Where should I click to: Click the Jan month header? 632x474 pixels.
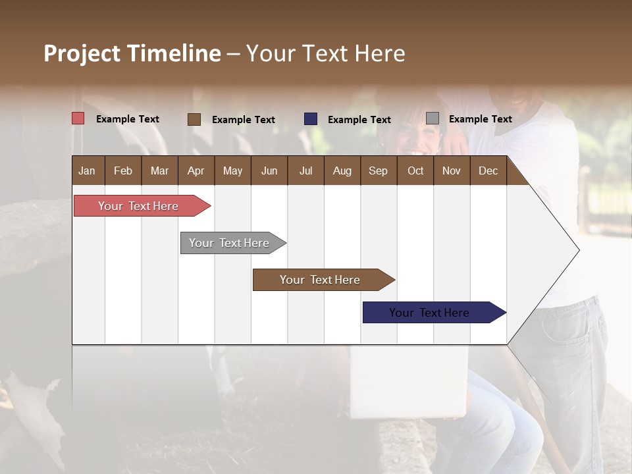(88, 171)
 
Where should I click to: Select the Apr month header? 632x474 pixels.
(196, 171)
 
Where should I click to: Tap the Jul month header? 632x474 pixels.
(306, 171)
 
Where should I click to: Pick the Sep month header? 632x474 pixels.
(379, 171)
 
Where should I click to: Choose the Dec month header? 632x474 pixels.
(488, 171)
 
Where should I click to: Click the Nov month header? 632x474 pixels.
(452, 171)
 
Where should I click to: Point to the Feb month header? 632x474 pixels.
(123, 171)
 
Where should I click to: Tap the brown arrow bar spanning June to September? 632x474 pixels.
(321, 280)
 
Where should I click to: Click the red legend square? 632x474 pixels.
(78, 118)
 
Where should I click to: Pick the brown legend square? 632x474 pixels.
(194, 119)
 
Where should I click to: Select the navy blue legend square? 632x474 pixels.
(311, 119)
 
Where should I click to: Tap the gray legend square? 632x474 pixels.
(433, 118)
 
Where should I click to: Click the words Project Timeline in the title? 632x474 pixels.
(132, 53)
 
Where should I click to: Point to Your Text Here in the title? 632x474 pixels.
(325, 53)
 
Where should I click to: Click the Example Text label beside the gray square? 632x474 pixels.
(480, 119)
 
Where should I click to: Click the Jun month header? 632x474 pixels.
(269, 171)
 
